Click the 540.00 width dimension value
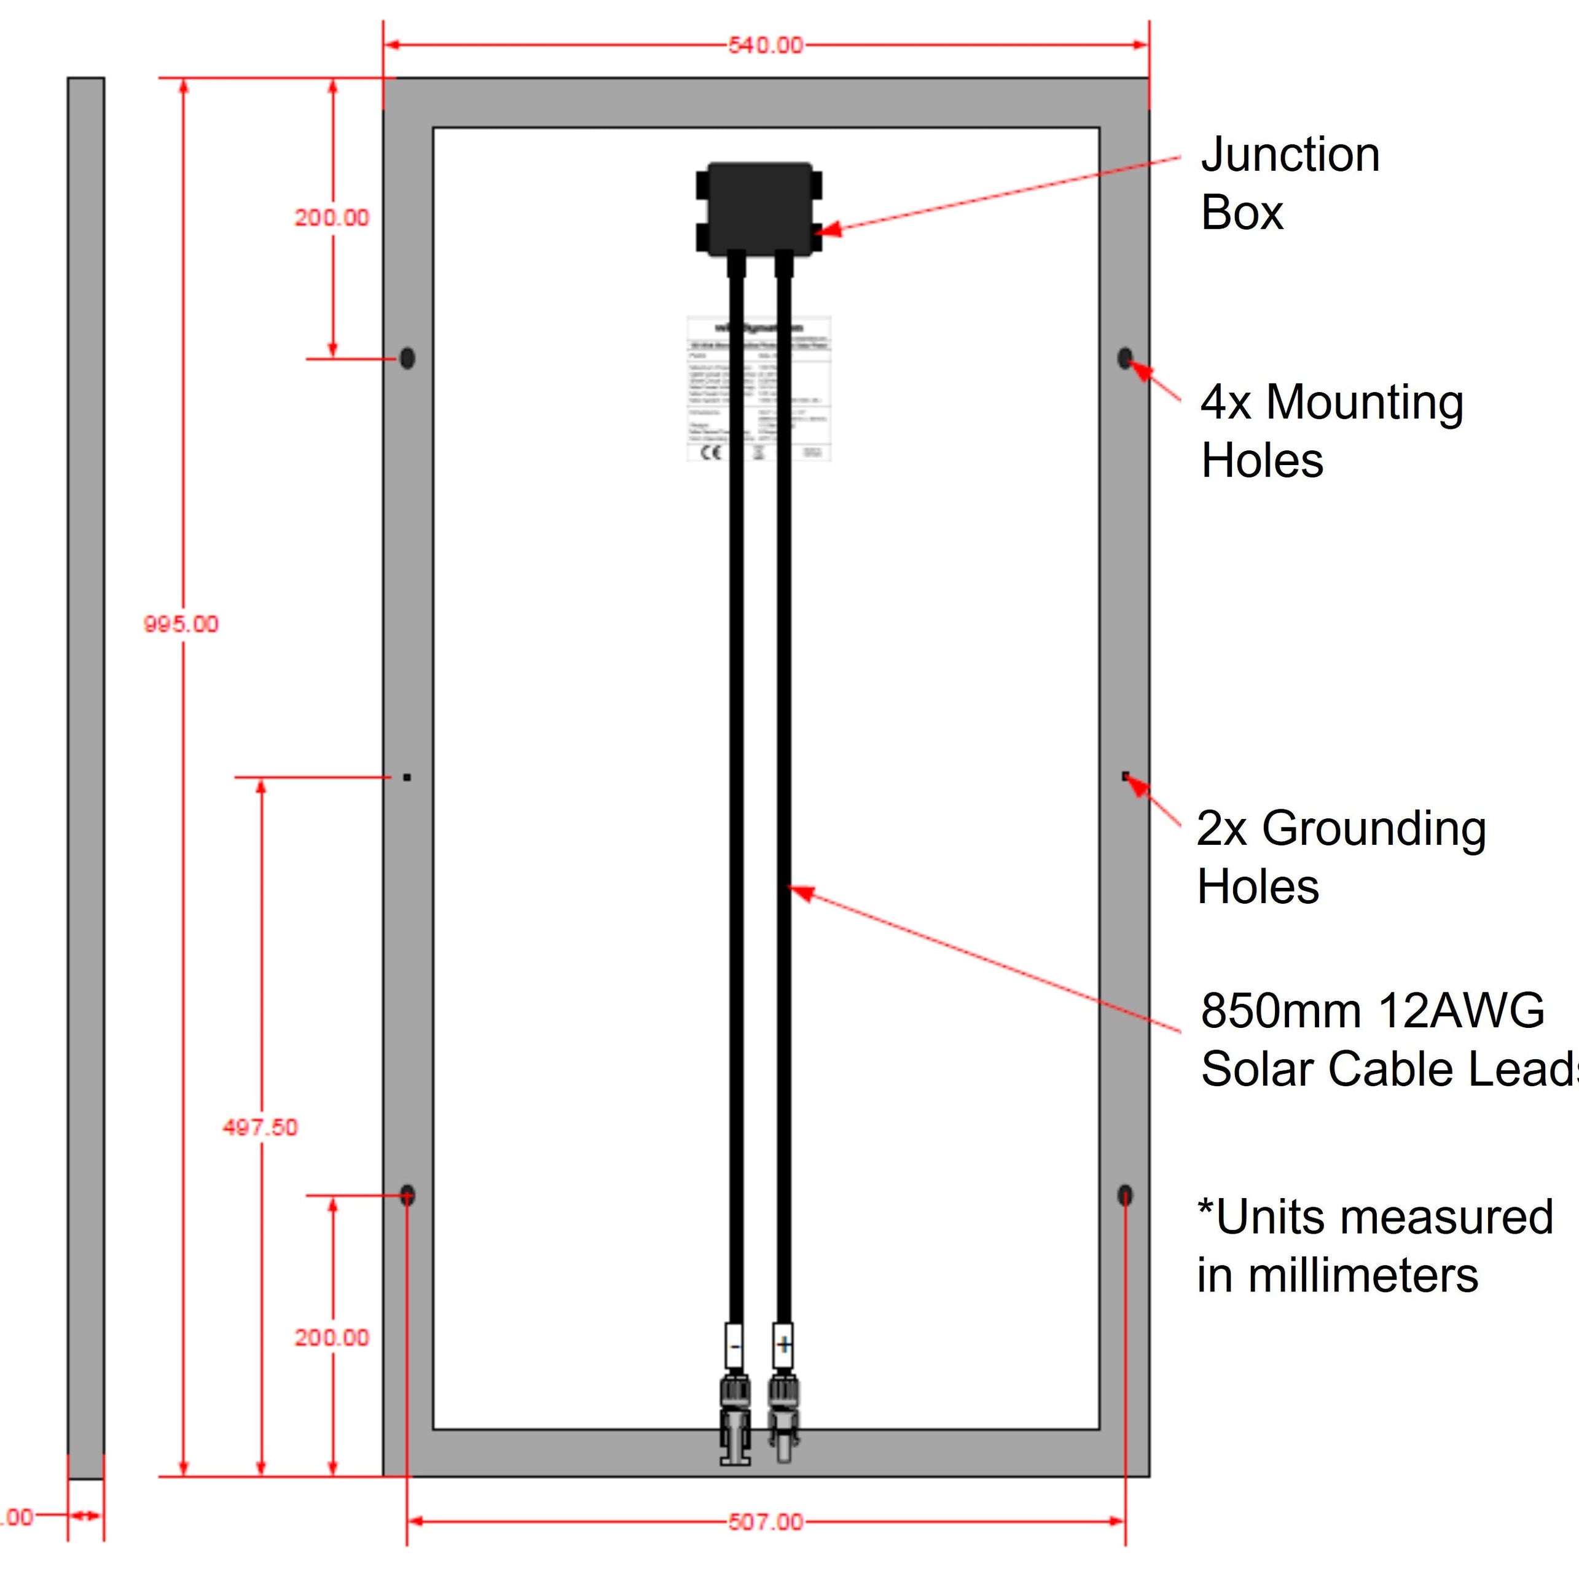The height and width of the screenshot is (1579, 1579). [765, 45]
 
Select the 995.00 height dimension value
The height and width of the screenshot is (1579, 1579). [181, 624]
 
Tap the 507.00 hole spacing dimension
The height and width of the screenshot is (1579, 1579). [765, 1522]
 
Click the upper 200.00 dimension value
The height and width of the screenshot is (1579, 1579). [332, 218]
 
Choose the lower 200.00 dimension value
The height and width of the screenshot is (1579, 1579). [332, 1338]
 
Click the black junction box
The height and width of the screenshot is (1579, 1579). [759, 208]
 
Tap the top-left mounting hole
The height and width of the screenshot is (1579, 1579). [407, 358]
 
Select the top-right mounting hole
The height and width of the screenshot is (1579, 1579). [1124, 358]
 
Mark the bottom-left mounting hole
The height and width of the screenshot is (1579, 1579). [407, 1196]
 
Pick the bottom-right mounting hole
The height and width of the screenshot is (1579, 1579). [1124, 1196]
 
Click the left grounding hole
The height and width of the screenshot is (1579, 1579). [407, 777]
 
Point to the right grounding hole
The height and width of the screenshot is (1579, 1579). [1126, 775]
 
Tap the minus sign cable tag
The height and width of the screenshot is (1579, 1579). [735, 1346]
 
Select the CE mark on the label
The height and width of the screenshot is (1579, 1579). [711, 452]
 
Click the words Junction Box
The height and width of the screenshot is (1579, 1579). [1290, 184]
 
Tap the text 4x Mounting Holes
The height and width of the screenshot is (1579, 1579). [1331, 431]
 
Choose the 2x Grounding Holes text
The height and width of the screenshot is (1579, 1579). [1341, 857]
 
